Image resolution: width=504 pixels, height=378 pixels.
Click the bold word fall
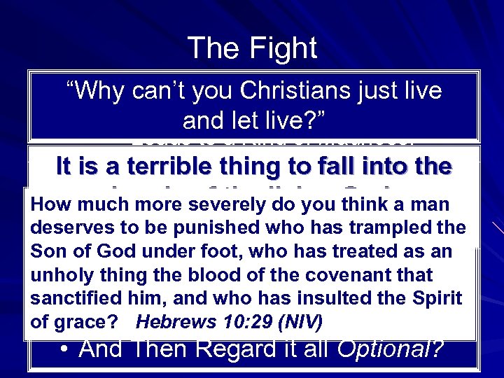tap(362, 167)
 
